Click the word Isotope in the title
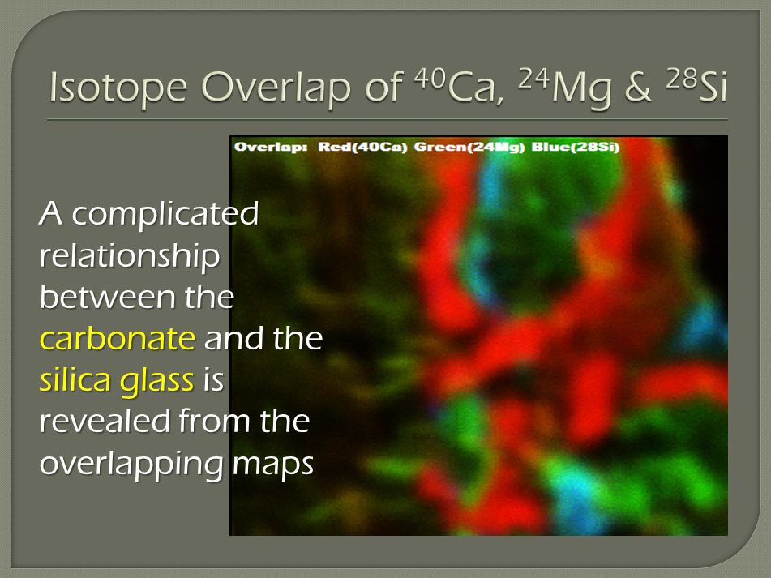tap(118, 88)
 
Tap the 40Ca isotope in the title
tap(459, 87)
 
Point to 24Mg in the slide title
tap(565, 88)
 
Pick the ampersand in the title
tap(638, 88)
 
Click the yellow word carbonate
tap(118, 338)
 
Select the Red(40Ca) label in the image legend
tap(363, 147)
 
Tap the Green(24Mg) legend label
tap(469, 147)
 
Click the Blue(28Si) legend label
tap(576, 147)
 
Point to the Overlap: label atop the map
tap(271, 147)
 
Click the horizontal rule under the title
tap(388, 119)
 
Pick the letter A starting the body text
tap(50, 213)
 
